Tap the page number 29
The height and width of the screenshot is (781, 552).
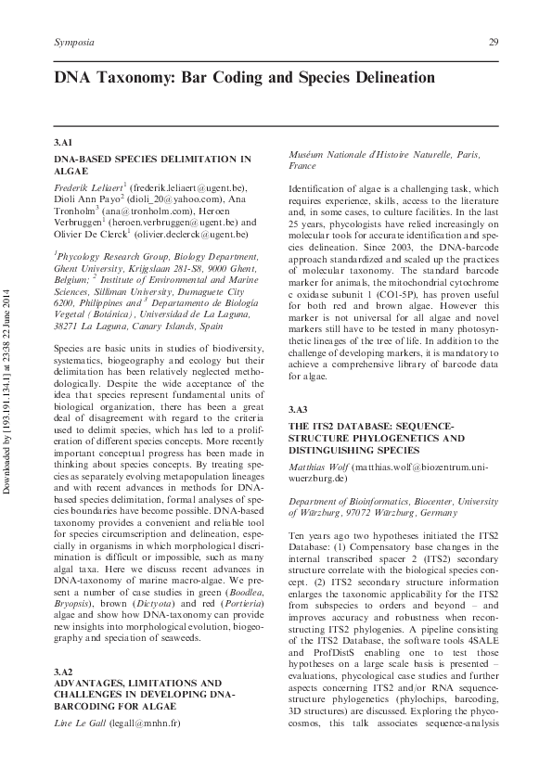click(x=494, y=44)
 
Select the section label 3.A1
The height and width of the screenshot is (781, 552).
click(x=64, y=144)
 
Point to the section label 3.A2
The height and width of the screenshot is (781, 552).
click(x=64, y=671)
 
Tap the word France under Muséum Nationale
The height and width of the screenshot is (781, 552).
click(x=302, y=166)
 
